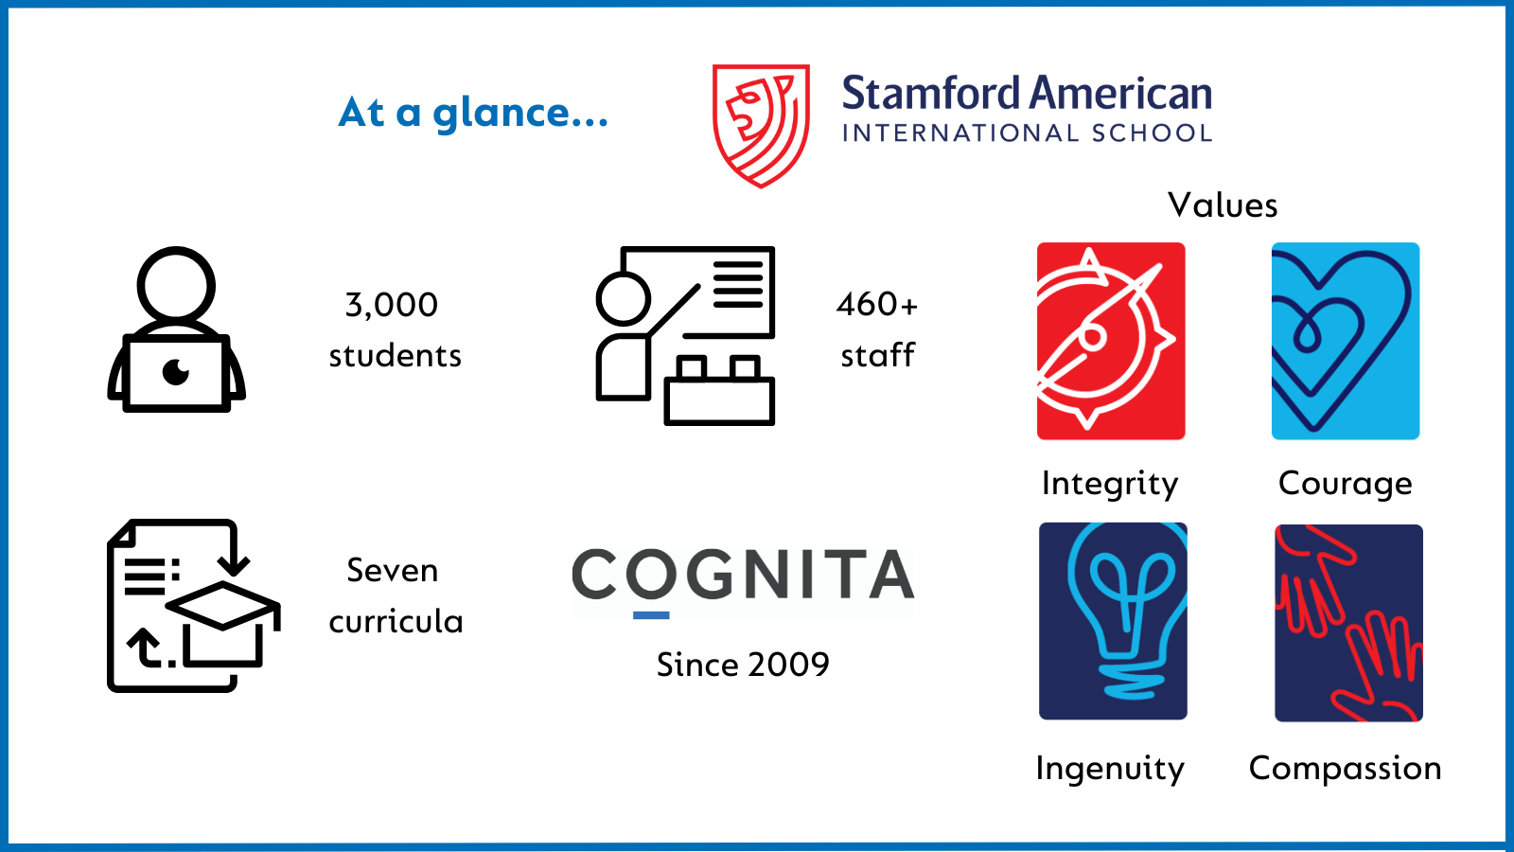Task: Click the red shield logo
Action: [x=761, y=126]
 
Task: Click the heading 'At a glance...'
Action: [x=473, y=113]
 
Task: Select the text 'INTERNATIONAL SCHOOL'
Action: [x=1028, y=133]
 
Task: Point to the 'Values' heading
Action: [x=1223, y=204]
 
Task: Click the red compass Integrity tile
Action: [x=1111, y=341]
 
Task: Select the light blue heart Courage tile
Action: [x=1346, y=341]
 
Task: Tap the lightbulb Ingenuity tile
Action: [x=1113, y=621]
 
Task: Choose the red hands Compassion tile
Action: [x=1349, y=623]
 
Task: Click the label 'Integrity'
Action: [x=1110, y=484]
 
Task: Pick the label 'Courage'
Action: [x=1345, y=484]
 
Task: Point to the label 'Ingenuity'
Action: [x=1110, y=769]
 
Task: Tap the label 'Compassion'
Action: [x=1345, y=769]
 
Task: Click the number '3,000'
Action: [x=392, y=305]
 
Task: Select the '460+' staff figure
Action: [x=877, y=304]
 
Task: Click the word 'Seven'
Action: [x=393, y=571]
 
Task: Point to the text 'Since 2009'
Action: [x=743, y=665]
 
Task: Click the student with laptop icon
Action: [x=176, y=329]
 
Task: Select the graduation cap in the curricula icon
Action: [x=223, y=622]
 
